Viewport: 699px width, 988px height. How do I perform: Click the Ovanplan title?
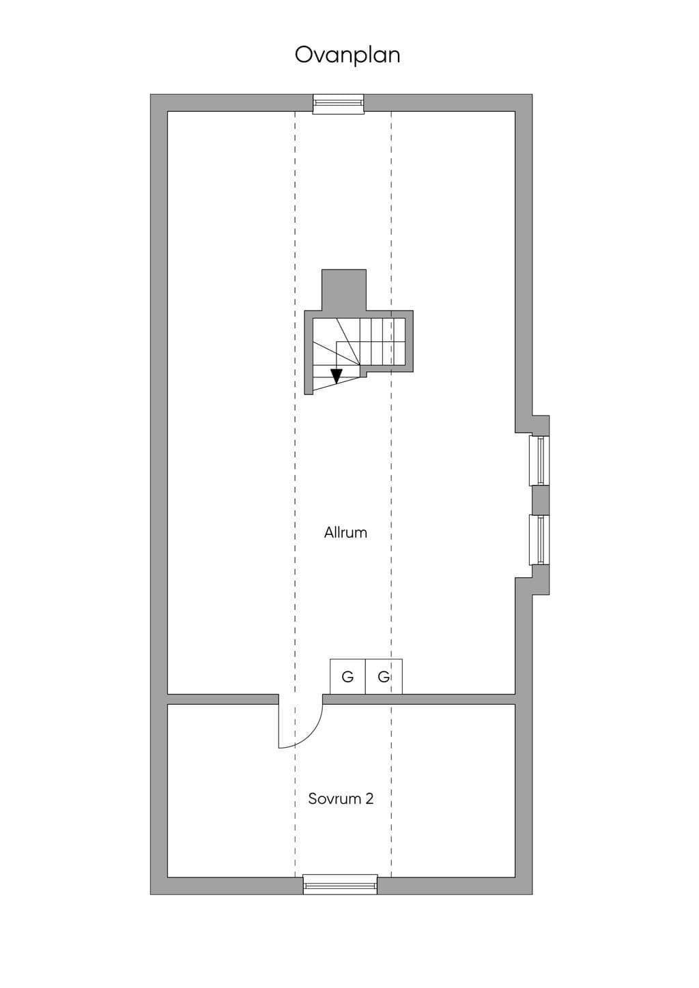point(347,56)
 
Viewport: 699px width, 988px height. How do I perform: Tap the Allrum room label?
point(345,532)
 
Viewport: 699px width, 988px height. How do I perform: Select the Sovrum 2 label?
point(341,798)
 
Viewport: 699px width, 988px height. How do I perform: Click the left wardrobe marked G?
point(347,676)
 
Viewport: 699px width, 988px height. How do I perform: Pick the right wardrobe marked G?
point(384,676)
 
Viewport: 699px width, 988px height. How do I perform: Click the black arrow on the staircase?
point(337,376)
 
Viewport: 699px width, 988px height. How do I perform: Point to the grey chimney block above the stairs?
point(344,290)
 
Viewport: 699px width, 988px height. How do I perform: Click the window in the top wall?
point(339,104)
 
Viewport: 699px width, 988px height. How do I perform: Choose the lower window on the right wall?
point(539,540)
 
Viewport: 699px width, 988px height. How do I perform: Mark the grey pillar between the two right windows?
point(541,500)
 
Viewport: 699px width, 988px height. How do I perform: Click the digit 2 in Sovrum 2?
point(369,798)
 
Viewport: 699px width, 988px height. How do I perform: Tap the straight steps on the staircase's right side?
point(382,342)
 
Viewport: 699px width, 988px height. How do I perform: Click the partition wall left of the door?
point(223,699)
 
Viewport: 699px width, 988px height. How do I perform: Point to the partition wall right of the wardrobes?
point(459,699)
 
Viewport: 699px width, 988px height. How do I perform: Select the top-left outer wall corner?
point(151,95)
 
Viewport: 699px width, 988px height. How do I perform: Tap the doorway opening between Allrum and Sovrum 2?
point(300,699)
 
